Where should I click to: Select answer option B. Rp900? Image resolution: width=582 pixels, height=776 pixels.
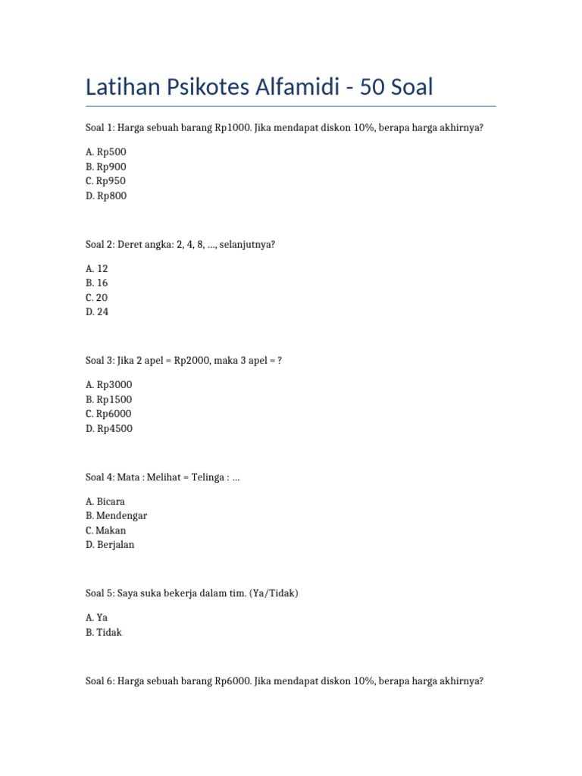coord(106,167)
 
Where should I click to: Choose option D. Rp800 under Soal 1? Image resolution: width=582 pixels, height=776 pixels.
coord(106,196)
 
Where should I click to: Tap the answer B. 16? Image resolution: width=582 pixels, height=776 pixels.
coord(97,283)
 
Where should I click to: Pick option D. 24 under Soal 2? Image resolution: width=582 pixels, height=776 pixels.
coord(97,311)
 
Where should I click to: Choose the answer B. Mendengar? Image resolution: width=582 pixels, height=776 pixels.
coord(117,515)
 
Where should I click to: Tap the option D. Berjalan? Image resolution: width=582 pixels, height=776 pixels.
coord(110,545)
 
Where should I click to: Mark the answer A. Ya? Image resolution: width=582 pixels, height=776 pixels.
coord(97,618)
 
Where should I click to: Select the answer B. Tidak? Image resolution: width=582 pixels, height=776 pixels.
coord(104,632)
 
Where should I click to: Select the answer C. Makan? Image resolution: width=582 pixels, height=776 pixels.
coord(106,530)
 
